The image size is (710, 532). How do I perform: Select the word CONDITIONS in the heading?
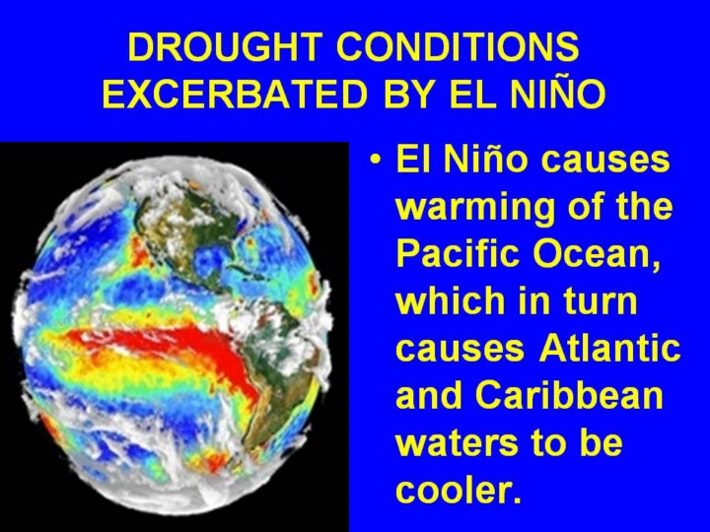458,46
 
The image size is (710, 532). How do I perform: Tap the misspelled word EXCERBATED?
235,94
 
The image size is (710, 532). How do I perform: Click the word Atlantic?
609,348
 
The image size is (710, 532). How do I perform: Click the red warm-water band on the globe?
172,349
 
